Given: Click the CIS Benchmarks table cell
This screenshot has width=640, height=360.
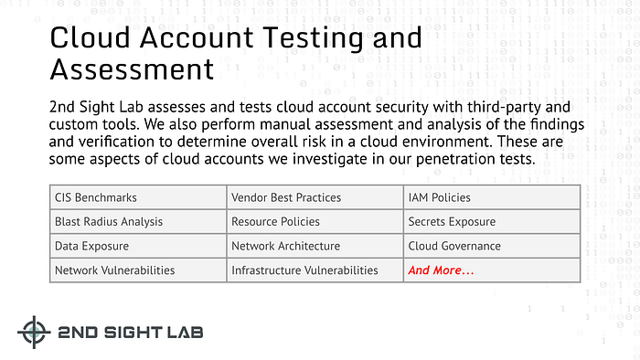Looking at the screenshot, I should tap(137, 196).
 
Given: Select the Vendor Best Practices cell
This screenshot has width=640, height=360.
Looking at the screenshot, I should tap(315, 196).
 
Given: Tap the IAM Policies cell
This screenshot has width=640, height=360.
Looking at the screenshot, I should tap(492, 196).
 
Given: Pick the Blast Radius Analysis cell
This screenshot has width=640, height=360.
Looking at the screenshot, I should tap(137, 221).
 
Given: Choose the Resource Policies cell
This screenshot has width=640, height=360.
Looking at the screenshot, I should tap(315, 221).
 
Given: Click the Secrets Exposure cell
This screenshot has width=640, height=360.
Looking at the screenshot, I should tap(492, 221).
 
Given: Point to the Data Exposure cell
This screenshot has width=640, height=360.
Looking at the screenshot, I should tap(137, 246).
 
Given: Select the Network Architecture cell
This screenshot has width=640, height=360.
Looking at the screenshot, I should tap(315, 246).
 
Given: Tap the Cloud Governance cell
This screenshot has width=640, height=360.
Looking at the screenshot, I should tap(492, 246).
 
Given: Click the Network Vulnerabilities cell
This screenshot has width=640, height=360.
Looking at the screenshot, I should tap(137, 270).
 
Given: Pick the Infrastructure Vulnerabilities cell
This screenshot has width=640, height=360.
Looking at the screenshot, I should tap(315, 270).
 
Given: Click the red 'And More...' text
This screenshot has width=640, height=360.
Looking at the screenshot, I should tap(442, 270).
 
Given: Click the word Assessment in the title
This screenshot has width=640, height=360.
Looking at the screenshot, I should tap(132, 69).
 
